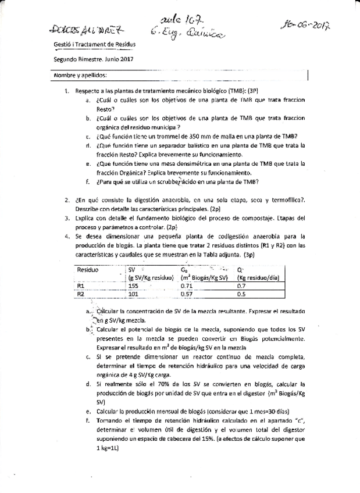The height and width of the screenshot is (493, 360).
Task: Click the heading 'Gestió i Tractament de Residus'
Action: pyautogui.click(x=95, y=44)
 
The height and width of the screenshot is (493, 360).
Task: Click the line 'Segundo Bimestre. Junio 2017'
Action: pyautogui.click(x=94, y=59)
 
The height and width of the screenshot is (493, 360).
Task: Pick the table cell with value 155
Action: pyautogui.click(x=133, y=286)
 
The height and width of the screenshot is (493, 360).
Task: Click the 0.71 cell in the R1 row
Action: pyautogui.click(x=187, y=286)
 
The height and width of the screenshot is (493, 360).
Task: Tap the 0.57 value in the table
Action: pyautogui.click(x=187, y=294)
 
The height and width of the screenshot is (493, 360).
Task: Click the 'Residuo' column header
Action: pyautogui.click(x=88, y=270)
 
